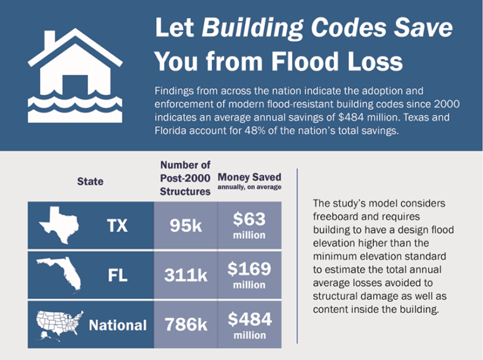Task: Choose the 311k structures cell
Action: click(186, 275)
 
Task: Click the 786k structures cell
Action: click(186, 325)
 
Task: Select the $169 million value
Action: click(250, 275)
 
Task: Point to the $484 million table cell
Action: click(250, 325)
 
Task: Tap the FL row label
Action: click(118, 275)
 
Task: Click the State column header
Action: click(90, 182)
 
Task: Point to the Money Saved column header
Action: click(250, 178)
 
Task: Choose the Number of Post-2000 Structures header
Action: click(186, 178)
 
